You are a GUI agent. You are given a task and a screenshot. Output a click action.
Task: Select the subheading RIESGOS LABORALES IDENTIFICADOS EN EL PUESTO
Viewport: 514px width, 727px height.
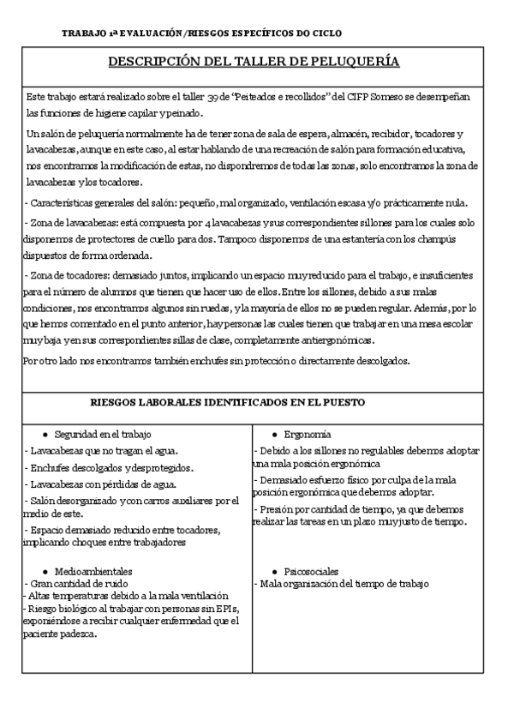pyautogui.click(x=228, y=402)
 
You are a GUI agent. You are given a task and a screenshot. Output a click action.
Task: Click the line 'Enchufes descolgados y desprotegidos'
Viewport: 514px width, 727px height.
pyautogui.click(x=110, y=467)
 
